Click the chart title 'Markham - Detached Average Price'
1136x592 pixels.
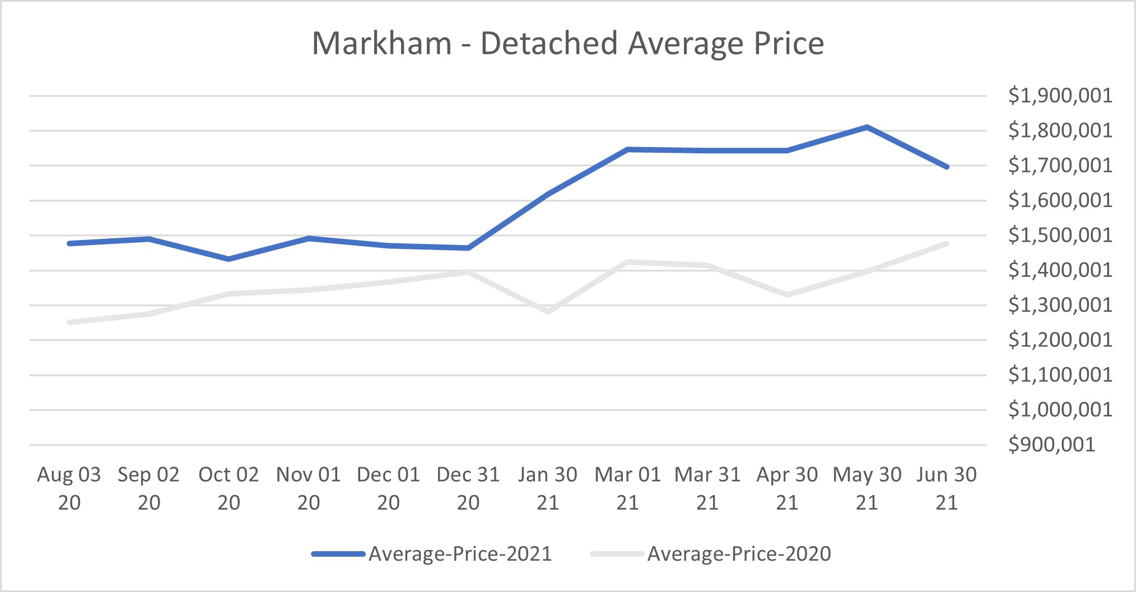pos(567,44)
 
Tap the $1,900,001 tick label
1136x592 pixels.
pos(1060,96)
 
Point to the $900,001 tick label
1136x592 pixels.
pos(1051,445)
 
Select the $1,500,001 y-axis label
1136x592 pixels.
pos(1060,235)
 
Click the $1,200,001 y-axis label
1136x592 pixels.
pos(1060,340)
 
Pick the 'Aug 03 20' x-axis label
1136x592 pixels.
pos(69,488)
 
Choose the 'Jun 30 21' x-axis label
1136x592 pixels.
pos(947,488)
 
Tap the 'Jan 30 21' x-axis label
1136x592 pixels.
pos(547,488)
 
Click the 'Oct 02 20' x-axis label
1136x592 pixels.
pos(229,488)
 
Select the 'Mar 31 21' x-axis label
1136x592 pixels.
pos(707,488)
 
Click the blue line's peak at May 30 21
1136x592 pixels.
pos(867,127)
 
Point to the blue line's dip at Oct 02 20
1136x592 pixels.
pos(229,259)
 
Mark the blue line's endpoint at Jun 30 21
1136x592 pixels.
pos(947,167)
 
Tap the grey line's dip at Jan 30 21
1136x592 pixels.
pos(547,312)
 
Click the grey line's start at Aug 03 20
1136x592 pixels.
pos(69,322)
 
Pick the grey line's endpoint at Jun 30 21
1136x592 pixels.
pos(947,243)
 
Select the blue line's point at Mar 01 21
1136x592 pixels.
pos(628,149)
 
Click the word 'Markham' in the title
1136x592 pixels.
pos(381,44)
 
